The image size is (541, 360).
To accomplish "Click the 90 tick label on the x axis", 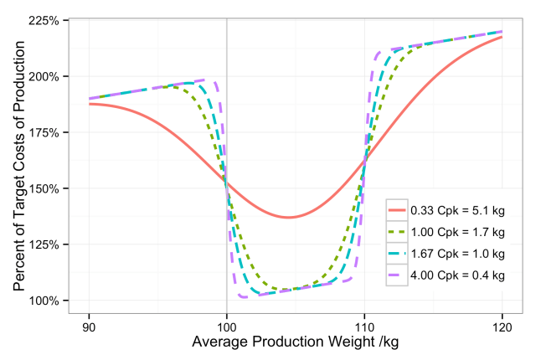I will click(89, 323).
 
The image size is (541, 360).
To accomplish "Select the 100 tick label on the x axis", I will click(226, 323).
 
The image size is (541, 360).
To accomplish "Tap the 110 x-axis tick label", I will click(364, 323).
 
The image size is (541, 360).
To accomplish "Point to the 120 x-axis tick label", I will click(502, 323).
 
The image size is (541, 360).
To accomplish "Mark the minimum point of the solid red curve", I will click(289, 218).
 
